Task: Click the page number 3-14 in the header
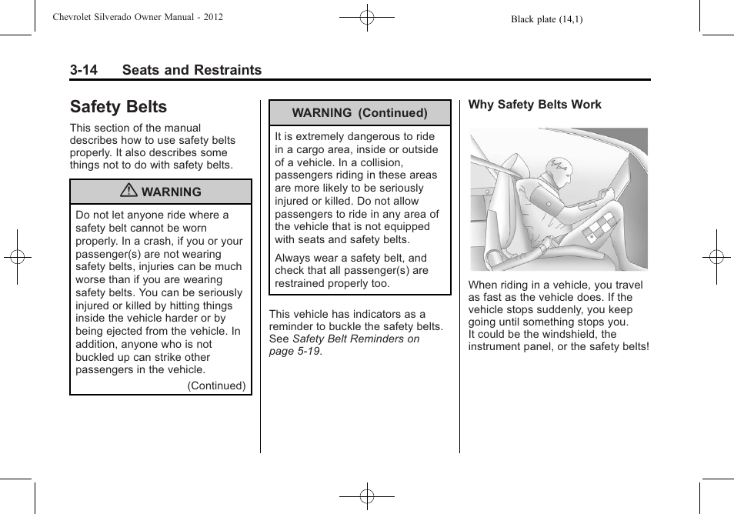click(x=83, y=70)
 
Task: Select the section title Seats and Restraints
click(x=192, y=70)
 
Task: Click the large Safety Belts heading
click(x=118, y=107)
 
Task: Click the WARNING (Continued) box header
click(x=359, y=113)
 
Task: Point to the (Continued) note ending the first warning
click(x=216, y=386)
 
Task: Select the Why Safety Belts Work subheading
click(x=535, y=105)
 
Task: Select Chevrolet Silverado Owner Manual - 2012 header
click(x=138, y=16)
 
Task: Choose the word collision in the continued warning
click(x=378, y=162)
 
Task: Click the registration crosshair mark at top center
click(x=367, y=16)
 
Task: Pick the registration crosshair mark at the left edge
click(x=17, y=257)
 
